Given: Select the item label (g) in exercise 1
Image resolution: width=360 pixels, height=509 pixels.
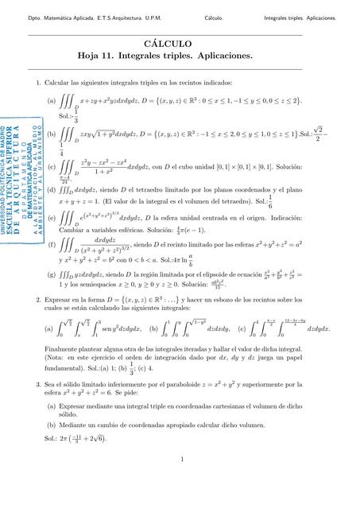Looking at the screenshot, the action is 52,273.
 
